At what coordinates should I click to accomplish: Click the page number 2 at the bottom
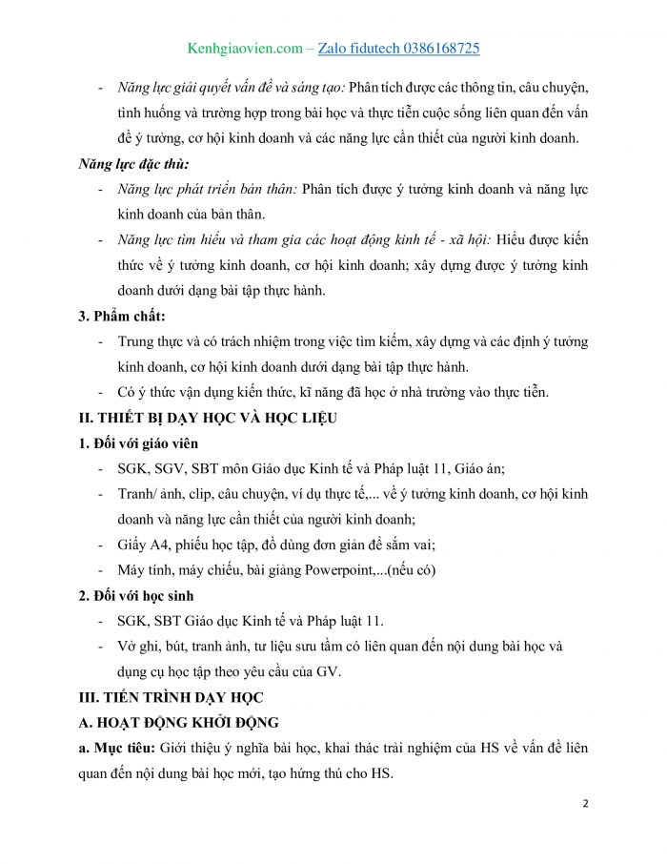585,803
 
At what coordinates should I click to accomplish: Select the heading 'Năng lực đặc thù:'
133,164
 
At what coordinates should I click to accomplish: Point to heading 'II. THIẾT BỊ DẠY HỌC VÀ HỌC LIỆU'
207,418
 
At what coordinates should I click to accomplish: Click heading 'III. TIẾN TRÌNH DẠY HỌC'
171,696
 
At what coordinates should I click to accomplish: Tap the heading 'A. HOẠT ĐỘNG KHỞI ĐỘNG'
177,722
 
